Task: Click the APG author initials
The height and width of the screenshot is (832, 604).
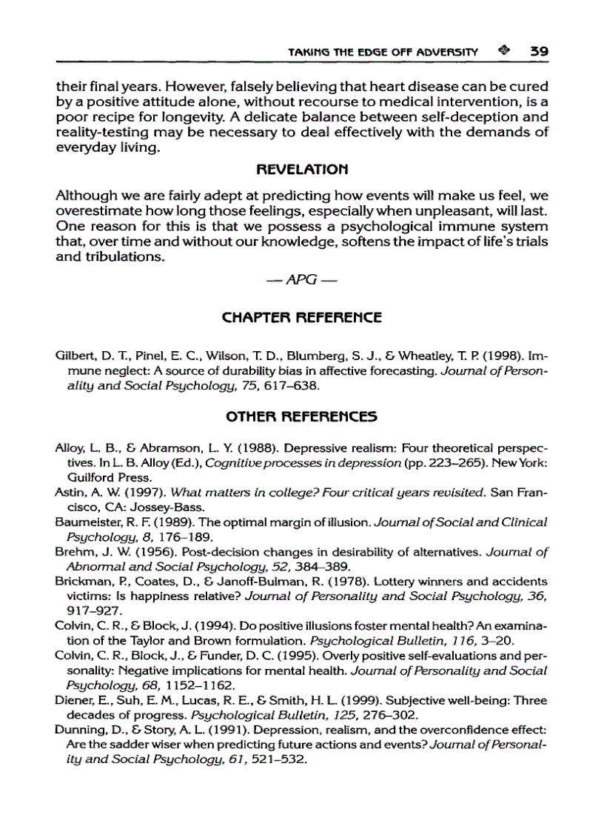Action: (x=302, y=280)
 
